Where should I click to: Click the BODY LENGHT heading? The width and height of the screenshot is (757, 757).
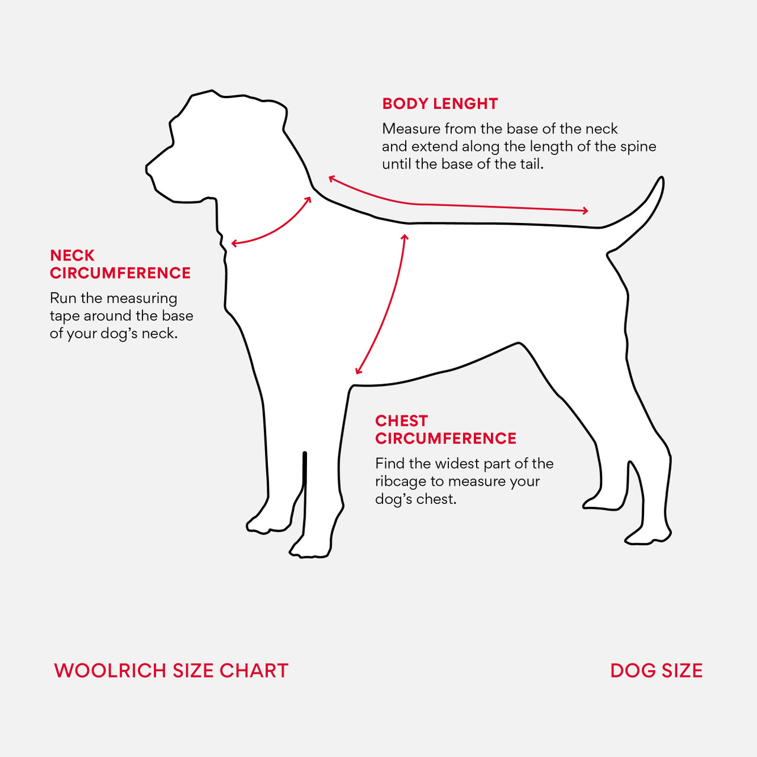tap(440, 103)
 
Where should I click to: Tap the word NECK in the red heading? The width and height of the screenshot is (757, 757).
tap(72, 255)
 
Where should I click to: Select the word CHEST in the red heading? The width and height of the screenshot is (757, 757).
tap(401, 421)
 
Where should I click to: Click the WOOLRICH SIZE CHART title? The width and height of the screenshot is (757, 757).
tap(172, 671)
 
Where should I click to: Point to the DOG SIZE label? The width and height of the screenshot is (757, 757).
tap(656, 671)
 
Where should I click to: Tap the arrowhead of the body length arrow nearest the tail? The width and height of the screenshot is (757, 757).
tap(585, 211)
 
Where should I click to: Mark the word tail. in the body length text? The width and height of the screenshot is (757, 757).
tap(532, 164)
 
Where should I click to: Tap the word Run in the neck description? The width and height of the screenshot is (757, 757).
tap(63, 299)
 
